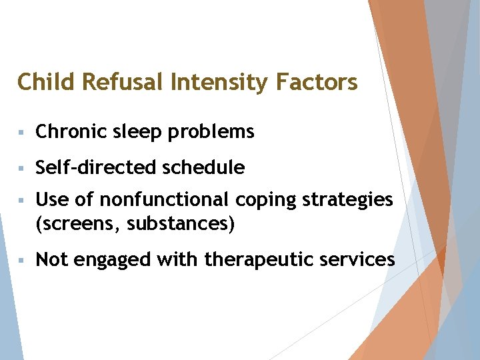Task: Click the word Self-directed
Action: click(x=89, y=168)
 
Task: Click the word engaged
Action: click(x=113, y=260)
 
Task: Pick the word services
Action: click(x=357, y=259)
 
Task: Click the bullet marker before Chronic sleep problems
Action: click(x=23, y=133)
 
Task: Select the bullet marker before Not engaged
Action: click(x=23, y=260)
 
